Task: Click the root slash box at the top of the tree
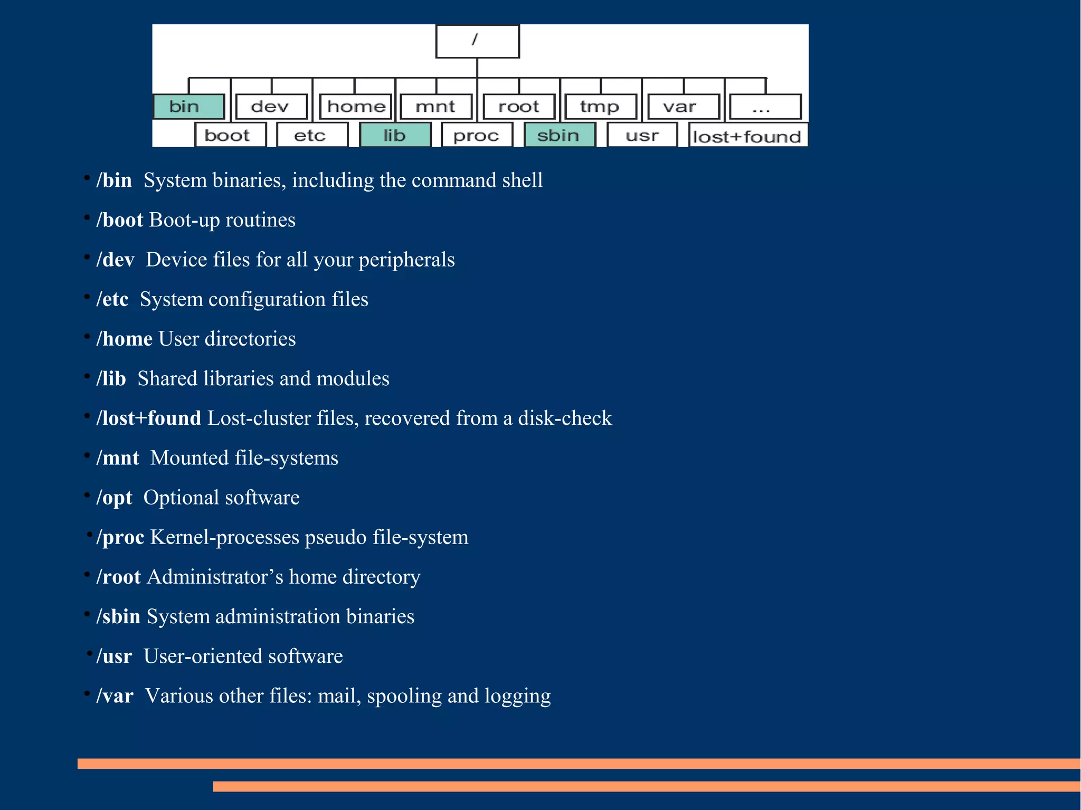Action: point(477,41)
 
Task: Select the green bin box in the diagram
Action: point(189,107)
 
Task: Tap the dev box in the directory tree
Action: point(271,107)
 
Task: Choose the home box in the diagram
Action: point(356,107)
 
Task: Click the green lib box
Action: point(395,135)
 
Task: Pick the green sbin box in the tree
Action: point(560,135)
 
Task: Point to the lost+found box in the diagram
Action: point(747,136)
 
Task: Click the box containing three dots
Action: point(764,107)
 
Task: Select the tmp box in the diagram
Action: point(600,107)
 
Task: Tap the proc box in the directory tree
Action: point(477,135)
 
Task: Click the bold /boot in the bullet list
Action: point(120,220)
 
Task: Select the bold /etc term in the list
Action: point(112,299)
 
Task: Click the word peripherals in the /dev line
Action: point(406,260)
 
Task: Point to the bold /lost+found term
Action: point(149,418)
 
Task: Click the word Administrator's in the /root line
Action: point(215,577)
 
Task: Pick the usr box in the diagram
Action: point(642,135)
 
